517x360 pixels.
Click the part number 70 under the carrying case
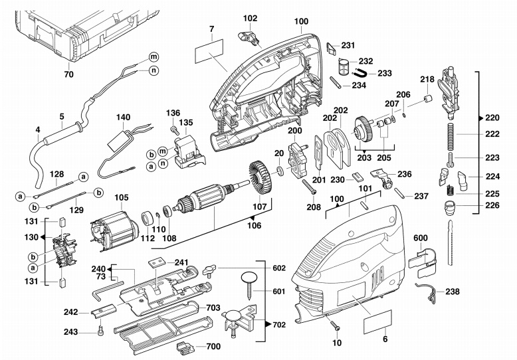[x=68, y=74]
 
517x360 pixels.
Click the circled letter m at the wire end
[x=154, y=56]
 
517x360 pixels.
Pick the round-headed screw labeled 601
[x=250, y=286]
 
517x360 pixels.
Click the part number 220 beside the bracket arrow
[x=492, y=118]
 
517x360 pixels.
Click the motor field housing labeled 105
[x=112, y=231]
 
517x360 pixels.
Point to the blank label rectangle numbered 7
[x=209, y=51]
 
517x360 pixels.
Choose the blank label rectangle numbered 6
[x=377, y=322]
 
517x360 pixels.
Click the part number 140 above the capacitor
[x=124, y=118]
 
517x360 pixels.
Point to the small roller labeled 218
[x=428, y=99]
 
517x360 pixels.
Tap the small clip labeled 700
[x=185, y=347]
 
